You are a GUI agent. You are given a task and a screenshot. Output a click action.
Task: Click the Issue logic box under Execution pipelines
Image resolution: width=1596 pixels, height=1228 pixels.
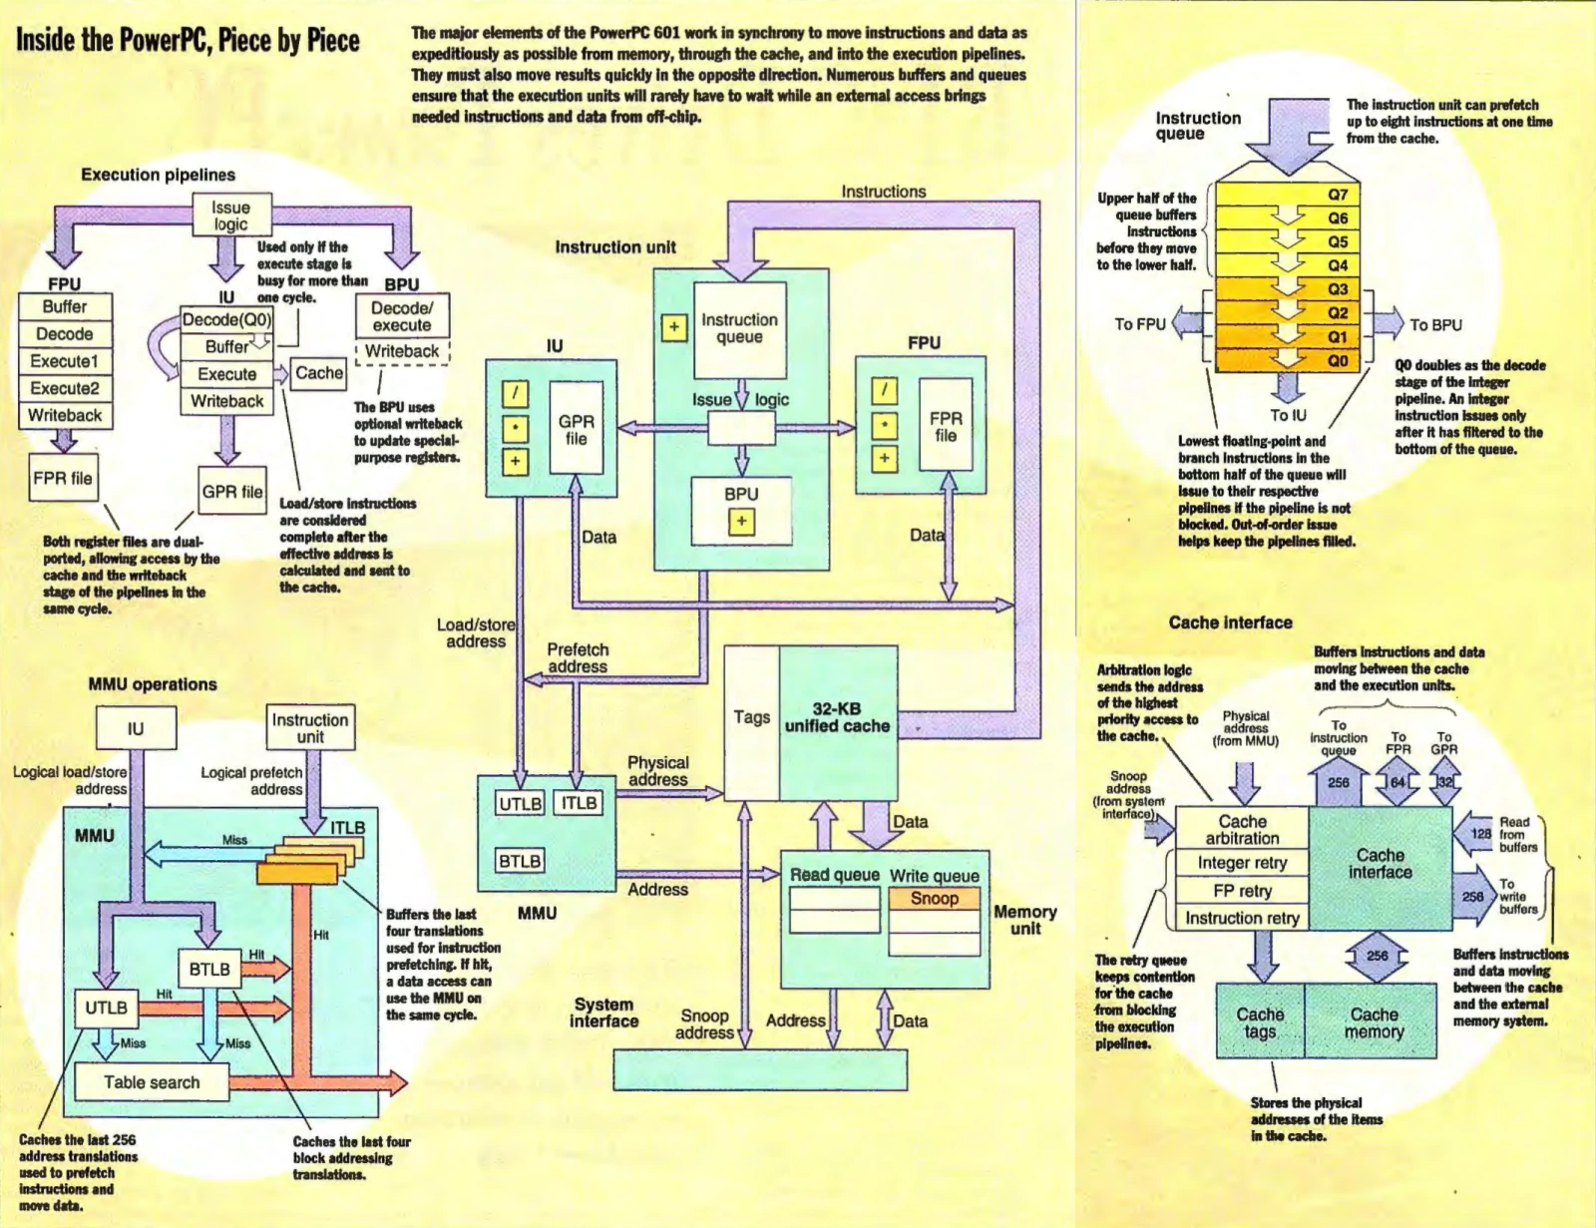231,215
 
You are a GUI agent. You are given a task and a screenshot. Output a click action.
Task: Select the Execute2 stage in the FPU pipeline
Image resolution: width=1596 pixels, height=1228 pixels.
65,388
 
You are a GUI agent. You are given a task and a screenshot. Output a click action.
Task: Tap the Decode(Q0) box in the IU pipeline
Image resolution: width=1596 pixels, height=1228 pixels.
227,319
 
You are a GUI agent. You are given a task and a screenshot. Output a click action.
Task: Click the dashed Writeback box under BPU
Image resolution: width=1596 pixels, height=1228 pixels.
402,351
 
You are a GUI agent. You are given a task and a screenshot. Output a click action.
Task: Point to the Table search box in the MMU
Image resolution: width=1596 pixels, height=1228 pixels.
152,1081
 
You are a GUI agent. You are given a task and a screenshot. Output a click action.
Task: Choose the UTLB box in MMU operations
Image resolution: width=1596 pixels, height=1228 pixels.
107,1008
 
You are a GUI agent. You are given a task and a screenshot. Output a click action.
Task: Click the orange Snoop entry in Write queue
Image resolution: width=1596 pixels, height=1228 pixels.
935,898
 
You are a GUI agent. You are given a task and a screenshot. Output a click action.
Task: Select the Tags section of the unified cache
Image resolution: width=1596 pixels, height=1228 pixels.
751,722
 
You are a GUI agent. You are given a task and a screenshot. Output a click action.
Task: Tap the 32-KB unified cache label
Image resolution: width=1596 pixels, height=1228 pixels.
837,717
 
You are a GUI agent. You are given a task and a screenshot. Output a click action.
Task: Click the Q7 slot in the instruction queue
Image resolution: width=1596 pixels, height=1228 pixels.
1288,195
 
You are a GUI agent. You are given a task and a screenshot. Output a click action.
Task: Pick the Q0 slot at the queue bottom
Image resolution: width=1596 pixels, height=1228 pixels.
1288,360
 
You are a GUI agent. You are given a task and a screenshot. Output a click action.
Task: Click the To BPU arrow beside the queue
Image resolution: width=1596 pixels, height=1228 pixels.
1387,324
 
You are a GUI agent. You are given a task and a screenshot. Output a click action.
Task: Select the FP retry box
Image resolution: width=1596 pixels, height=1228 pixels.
1242,890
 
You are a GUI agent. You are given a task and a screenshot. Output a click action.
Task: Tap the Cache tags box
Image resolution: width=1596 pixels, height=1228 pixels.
1261,1022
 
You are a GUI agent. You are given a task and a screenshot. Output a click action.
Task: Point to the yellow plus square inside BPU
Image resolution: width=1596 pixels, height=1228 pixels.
741,522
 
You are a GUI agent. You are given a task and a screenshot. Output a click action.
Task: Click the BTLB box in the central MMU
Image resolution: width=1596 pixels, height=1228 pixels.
520,860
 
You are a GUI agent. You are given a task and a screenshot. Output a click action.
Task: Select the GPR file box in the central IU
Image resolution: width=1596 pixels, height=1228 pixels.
576,428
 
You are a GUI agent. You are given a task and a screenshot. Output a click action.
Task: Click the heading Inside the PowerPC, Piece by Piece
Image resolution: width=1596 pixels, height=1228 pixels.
188,40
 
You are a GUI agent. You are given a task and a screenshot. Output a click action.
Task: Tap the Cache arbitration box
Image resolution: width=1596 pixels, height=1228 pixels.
1242,829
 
